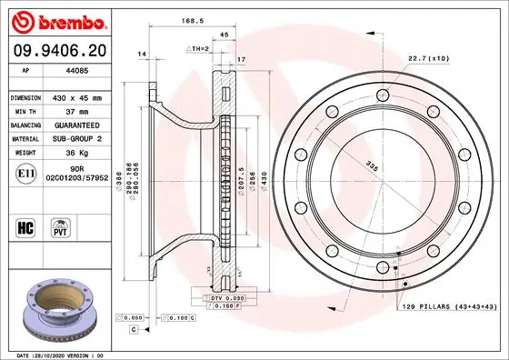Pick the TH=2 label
(198, 48)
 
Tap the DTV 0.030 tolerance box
(229, 298)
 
